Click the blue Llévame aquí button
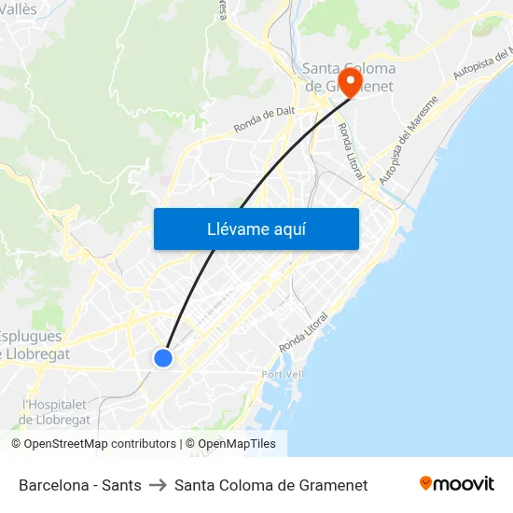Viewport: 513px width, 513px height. pos(256,229)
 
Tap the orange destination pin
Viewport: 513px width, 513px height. pos(352,82)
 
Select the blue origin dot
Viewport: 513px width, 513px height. pos(163,357)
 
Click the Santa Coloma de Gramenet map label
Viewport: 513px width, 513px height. pos(349,77)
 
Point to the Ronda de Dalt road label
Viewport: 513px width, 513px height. pos(264,120)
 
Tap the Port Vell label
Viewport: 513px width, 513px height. pos(284,374)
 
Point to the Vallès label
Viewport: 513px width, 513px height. pos(19,7)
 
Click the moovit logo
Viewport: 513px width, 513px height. pos(456,483)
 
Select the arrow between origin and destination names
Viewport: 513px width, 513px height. pos(158,485)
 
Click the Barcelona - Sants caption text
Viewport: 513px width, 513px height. pos(80,485)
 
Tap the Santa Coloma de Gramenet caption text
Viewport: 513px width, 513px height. pos(270,485)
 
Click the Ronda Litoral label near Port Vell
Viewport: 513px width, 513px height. pos(306,332)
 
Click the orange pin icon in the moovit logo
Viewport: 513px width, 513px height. pos(426,483)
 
